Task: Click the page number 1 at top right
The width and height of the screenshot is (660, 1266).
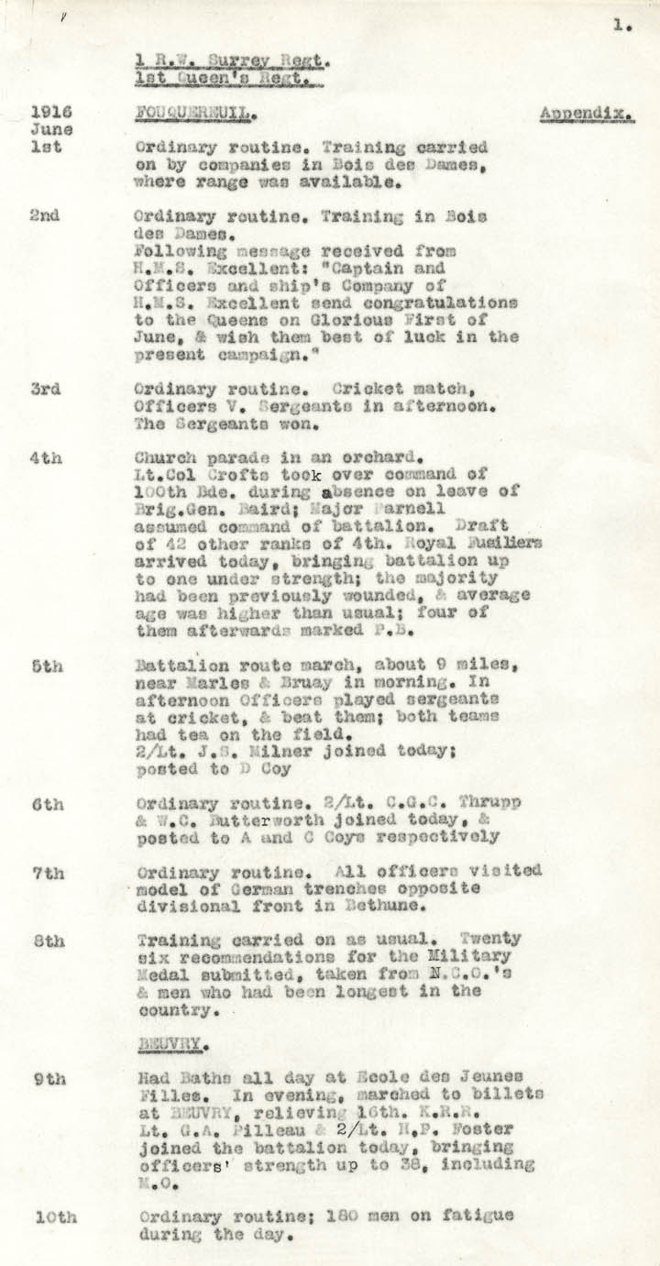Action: coord(621,26)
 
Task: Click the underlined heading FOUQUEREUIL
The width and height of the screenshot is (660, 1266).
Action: coord(193,114)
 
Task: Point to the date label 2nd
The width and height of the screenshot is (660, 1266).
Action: coord(45,216)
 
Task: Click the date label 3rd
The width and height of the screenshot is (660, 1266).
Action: coord(45,389)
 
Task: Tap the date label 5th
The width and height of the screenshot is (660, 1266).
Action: coord(46,666)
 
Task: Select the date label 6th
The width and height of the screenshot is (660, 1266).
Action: coord(46,804)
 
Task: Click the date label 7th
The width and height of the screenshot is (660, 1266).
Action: coord(46,873)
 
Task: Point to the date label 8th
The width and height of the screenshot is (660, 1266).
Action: coord(46,941)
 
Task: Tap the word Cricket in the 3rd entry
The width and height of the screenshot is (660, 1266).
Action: coord(365,389)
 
